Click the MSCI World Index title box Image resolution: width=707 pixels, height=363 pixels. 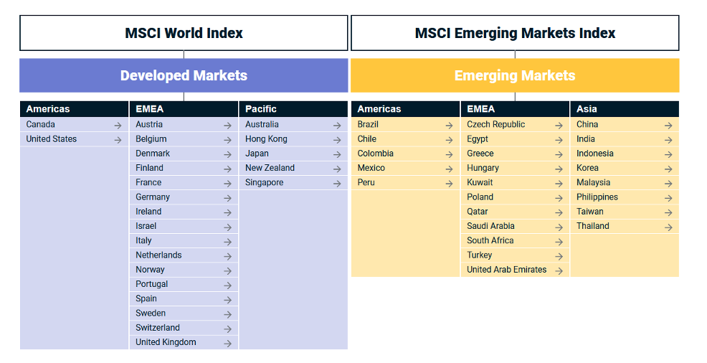pos(184,33)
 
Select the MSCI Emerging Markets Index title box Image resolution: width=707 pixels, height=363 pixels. pos(515,33)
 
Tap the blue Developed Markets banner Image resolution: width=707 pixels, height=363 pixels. pos(184,75)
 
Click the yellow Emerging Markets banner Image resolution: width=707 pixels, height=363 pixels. pos(515,75)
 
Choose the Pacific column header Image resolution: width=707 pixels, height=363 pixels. pos(261,109)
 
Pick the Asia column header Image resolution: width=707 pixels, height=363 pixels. pos(587,109)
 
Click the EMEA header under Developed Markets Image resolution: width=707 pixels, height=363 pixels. pos(150,109)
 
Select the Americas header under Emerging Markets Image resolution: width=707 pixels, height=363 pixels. pos(379,109)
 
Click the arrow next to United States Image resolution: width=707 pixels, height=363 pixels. pos(118,140)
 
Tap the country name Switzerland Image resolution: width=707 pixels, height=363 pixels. pos(158,328)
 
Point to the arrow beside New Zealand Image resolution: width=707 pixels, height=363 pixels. pos(337,169)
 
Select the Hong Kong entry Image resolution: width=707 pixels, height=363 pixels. pos(266,139)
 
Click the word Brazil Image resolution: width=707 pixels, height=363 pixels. pos(368,124)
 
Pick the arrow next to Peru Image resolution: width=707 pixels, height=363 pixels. pos(449,183)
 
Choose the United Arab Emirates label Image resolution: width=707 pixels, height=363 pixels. pos(506,270)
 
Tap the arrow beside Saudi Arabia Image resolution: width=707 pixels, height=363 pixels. pos(559,227)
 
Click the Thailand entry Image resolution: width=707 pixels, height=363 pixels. pos(593,226)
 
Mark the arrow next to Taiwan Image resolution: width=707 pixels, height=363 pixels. pos(668,212)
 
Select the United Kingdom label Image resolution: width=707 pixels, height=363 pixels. pos(166,342)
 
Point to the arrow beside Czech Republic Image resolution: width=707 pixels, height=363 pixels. pos(559,125)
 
